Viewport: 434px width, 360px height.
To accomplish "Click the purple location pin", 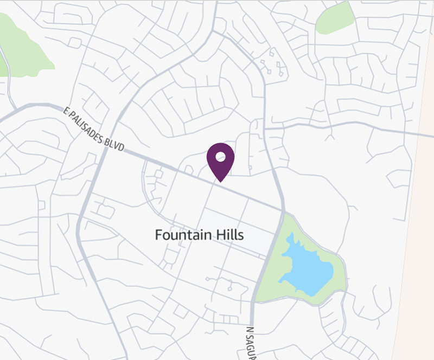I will pos(220,160).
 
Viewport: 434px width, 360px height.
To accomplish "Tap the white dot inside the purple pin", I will pos(220,157).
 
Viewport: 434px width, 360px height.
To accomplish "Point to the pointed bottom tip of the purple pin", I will pos(220,181).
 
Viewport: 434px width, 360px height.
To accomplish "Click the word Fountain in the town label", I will pos(180,235).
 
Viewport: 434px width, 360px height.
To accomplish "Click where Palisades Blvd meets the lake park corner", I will pos(283,211).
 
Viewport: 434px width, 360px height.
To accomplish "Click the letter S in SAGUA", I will pos(250,337).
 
